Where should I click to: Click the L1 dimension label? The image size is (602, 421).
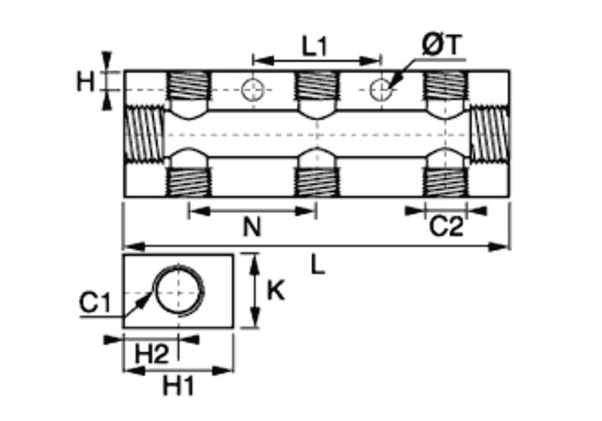314,47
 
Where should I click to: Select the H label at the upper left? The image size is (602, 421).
85,82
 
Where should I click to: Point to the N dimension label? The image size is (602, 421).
252,227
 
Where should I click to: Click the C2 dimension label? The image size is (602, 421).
446,227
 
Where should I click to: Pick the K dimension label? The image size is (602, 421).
275,290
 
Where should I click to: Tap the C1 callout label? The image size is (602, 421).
95,302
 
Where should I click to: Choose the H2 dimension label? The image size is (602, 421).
152,354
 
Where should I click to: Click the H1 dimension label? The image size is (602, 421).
178,386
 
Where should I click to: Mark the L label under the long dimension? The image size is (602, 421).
317,265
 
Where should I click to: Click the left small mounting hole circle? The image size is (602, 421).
252,90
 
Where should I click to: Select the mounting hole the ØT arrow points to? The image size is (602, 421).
381,90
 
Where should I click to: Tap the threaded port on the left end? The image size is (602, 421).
145,134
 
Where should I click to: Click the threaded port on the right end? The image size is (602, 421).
490,134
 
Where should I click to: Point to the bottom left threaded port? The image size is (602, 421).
187,183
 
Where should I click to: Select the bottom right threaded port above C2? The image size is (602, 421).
445,183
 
